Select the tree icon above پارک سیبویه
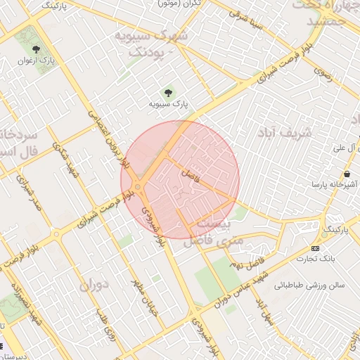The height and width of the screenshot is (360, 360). click(x=168, y=92)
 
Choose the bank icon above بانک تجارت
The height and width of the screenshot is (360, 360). click(x=314, y=248)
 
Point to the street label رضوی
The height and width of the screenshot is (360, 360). click(x=323, y=71)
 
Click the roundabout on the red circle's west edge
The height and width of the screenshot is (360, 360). click(x=139, y=187)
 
